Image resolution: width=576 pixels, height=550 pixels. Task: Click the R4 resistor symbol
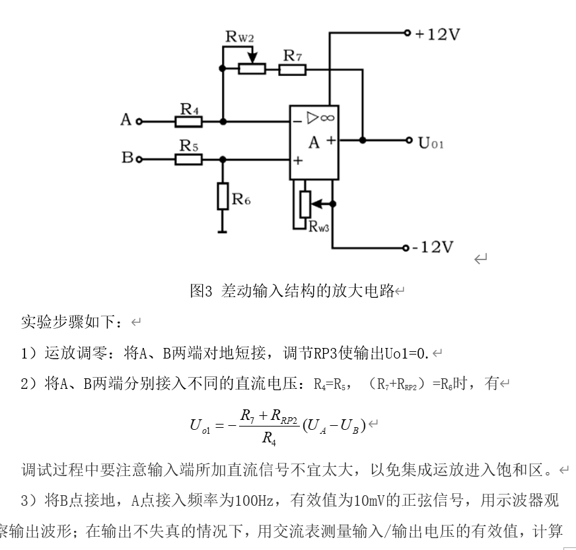tap(189, 121)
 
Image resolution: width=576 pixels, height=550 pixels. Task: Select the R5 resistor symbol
tap(189, 159)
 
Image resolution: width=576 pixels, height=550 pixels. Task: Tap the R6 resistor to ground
tap(223, 197)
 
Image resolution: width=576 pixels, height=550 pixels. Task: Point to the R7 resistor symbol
tap(292, 69)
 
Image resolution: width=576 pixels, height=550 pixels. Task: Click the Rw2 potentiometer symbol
tap(252, 69)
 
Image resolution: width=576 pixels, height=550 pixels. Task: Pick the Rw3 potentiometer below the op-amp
tap(305, 204)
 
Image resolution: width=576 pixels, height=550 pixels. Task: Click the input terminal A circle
tap(139, 121)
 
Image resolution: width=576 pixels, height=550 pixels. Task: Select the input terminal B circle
tap(139, 159)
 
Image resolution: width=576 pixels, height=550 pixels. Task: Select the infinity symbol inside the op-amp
tap(327, 118)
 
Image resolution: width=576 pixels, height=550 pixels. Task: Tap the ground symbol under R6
tap(223, 231)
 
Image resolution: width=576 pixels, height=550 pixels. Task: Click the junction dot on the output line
tap(363, 140)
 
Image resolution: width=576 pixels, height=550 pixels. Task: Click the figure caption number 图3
tap(200, 291)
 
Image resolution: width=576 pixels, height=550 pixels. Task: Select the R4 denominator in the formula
tap(268, 437)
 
